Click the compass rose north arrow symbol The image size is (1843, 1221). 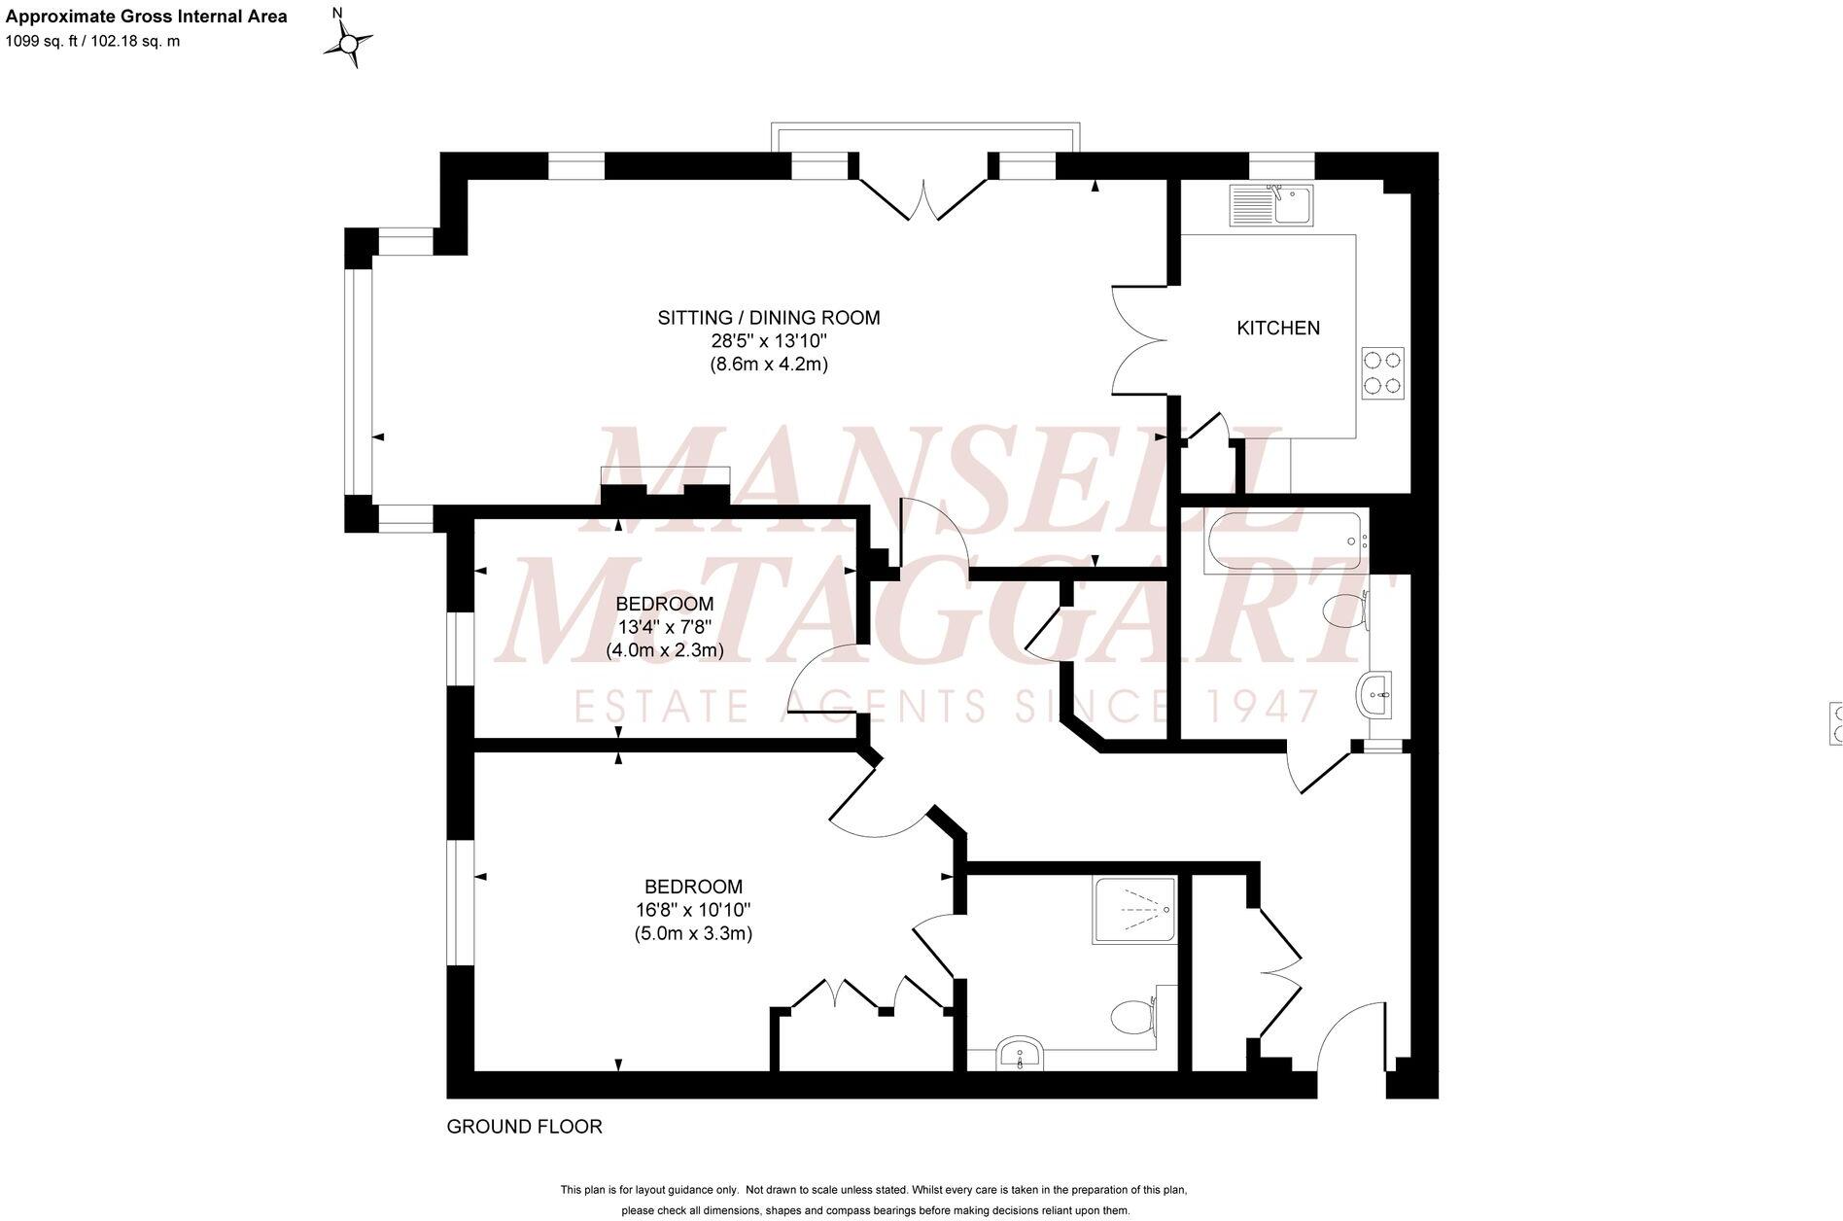(348, 43)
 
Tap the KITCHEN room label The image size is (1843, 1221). (1277, 329)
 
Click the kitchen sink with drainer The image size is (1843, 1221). (1270, 205)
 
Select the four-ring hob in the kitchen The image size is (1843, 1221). (1382, 372)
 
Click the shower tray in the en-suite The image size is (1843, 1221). (1135, 910)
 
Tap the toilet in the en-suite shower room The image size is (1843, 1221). (1130, 1017)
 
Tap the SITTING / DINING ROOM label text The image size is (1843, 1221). (768, 318)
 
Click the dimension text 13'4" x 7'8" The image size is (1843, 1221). (665, 627)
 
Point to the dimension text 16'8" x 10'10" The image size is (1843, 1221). (694, 910)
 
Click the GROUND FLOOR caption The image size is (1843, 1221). (524, 1127)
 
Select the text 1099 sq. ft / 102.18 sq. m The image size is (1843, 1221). (93, 41)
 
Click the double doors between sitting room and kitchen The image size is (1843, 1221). (1139, 340)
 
